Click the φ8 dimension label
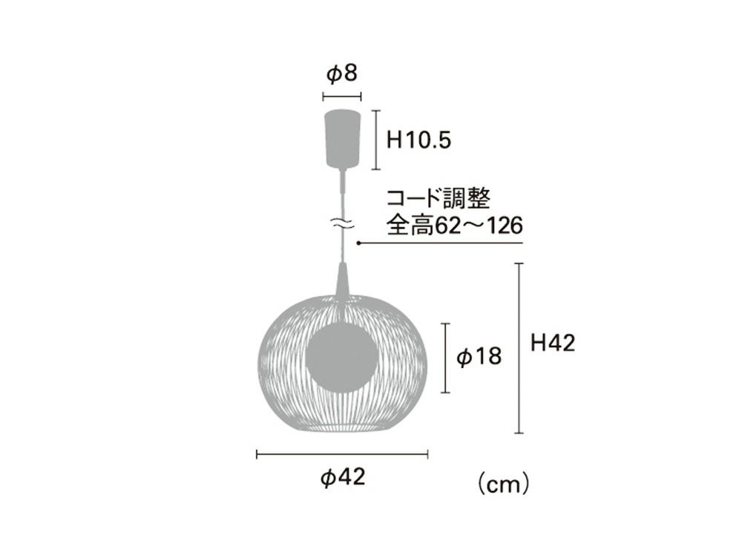341,74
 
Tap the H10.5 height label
418,140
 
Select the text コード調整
439,199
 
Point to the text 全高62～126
455,226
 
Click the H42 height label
552,343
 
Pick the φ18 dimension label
479,356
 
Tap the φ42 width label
343,477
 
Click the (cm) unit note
502,485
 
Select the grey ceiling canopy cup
342,138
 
